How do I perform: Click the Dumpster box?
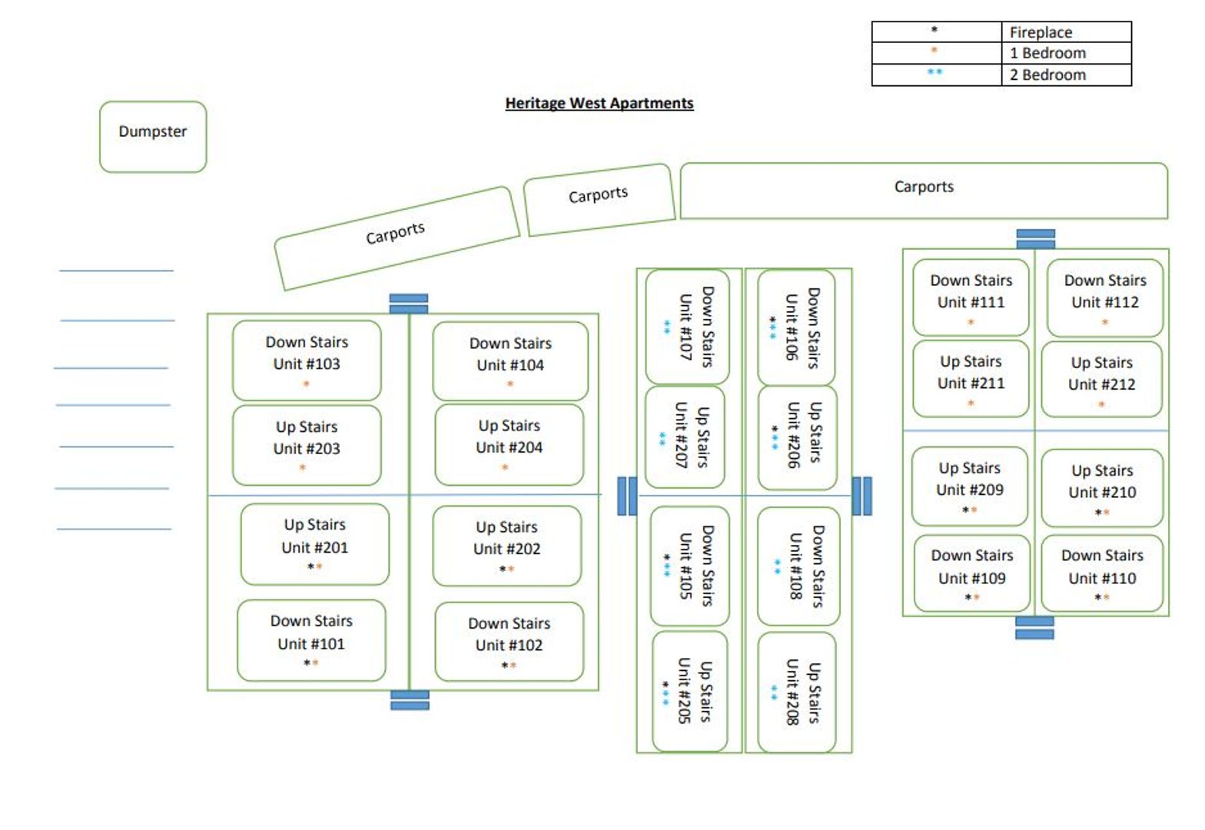(153, 136)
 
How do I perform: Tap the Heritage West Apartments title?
(599, 103)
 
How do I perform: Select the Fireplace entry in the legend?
(1041, 32)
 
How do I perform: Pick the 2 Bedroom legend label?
(1047, 75)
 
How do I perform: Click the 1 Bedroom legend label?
(1047, 53)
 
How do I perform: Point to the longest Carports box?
(923, 190)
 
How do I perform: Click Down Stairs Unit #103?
(307, 360)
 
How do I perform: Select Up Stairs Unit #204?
(509, 445)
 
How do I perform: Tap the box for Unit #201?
(314, 544)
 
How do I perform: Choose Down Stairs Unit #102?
(509, 642)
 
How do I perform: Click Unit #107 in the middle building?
(687, 327)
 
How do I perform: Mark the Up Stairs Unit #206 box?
(797, 437)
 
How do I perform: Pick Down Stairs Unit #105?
(689, 566)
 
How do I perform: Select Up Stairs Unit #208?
(797, 692)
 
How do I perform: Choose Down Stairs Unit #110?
(1101, 573)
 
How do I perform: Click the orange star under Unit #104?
(510, 383)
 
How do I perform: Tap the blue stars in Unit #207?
(662, 439)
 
